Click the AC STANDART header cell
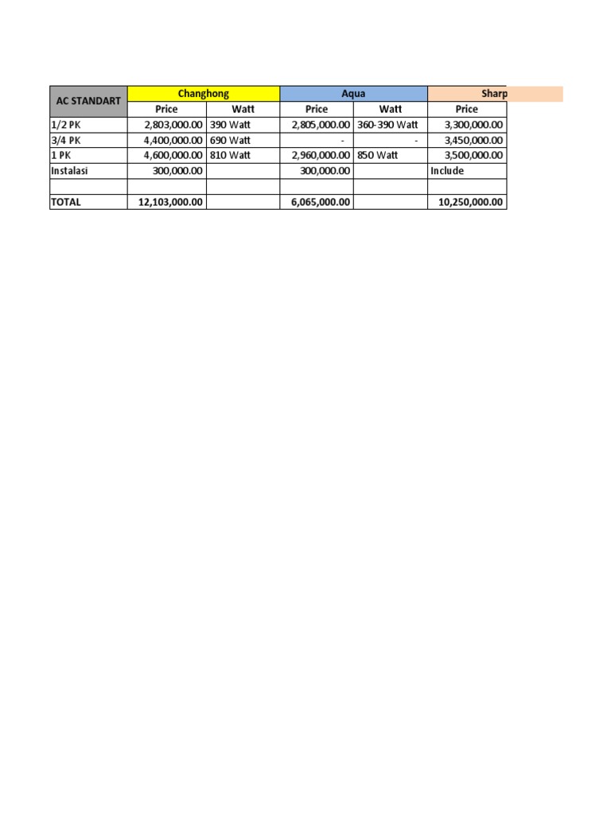coord(88,102)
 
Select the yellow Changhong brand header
coord(204,94)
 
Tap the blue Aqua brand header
coord(353,94)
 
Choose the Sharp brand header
coord(494,94)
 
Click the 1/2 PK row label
coord(65,125)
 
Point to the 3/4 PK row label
coord(65,140)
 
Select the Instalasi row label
coord(69,171)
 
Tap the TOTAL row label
coord(65,202)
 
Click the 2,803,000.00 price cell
coord(174,125)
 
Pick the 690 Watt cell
coord(230,140)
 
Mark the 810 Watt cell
coord(230,156)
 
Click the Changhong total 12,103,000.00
coord(171,202)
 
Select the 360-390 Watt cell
coord(387,125)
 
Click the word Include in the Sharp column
coord(448,171)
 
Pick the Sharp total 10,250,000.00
coord(471,202)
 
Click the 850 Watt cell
coord(378,156)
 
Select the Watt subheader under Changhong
coord(243,110)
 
